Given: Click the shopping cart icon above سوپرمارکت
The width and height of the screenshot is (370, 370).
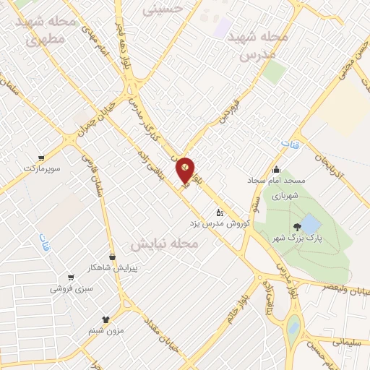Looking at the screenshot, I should [x=41, y=157].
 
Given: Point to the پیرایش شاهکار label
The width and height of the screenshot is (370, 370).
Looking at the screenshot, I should [x=112, y=267].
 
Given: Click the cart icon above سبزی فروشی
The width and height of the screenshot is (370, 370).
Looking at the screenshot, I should [x=70, y=277].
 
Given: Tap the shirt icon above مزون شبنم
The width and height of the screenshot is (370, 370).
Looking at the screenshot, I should [x=106, y=319].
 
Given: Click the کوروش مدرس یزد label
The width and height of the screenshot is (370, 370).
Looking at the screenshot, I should [x=219, y=223].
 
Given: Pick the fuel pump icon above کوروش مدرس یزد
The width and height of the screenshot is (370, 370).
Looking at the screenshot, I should [x=220, y=212].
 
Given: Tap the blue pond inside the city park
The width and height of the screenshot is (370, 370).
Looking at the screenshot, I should [x=309, y=222].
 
